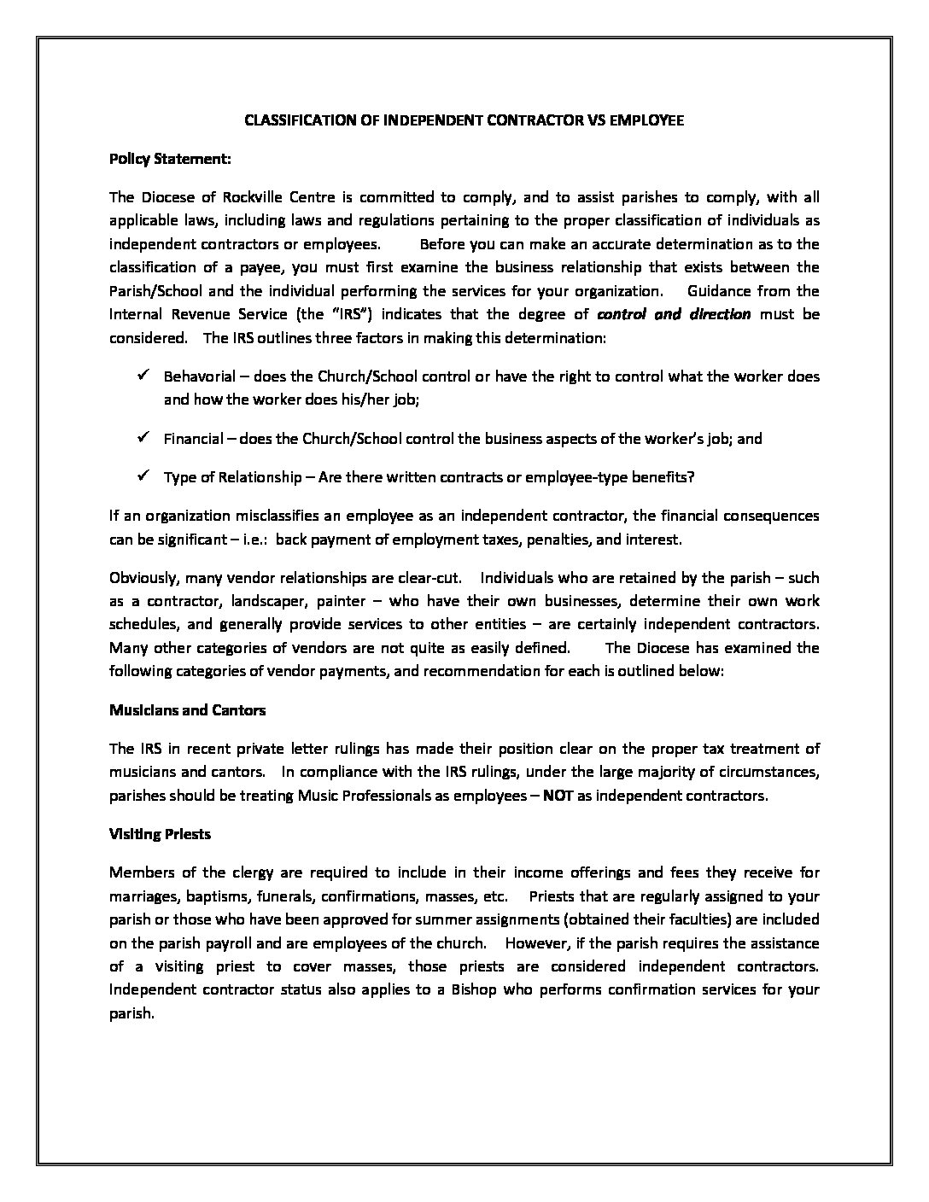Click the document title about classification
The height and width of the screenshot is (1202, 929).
[464, 120]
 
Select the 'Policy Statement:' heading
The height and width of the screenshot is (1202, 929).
[170, 159]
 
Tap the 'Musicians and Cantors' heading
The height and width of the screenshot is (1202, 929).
[187, 710]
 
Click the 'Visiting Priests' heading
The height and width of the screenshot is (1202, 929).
[160, 834]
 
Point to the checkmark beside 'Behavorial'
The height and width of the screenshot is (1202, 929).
[143, 375]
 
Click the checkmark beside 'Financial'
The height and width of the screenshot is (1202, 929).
[143, 437]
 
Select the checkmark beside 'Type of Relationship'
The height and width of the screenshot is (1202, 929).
[143, 476]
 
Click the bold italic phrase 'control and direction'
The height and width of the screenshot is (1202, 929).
[674, 313]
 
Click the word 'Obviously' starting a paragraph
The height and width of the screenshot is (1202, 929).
[141, 578]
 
